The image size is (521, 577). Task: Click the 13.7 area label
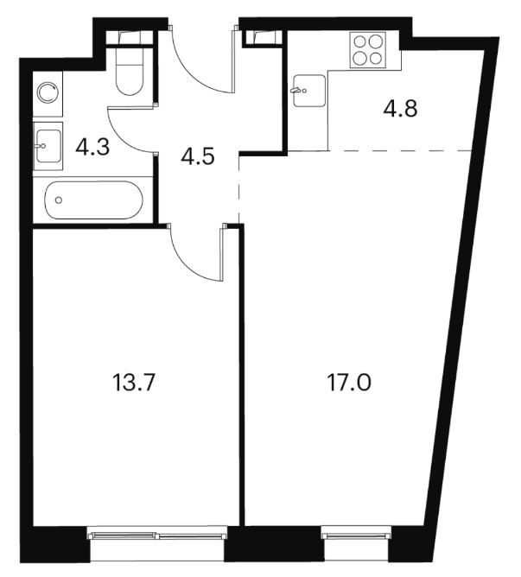click(132, 382)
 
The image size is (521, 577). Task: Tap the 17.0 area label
click(349, 382)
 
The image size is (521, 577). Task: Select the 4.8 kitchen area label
click(400, 109)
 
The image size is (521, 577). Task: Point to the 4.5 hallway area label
click(198, 156)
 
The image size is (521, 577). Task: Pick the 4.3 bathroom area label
click(92, 148)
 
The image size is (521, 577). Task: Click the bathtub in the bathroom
click(93, 200)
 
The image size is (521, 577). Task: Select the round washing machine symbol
click(48, 92)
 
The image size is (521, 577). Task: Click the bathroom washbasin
click(48, 146)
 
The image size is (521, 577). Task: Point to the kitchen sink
click(309, 91)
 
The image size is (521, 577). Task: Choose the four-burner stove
click(368, 50)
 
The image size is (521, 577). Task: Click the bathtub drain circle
click(58, 200)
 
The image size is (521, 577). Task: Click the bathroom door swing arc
click(121, 136)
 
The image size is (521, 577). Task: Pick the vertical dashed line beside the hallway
click(239, 190)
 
